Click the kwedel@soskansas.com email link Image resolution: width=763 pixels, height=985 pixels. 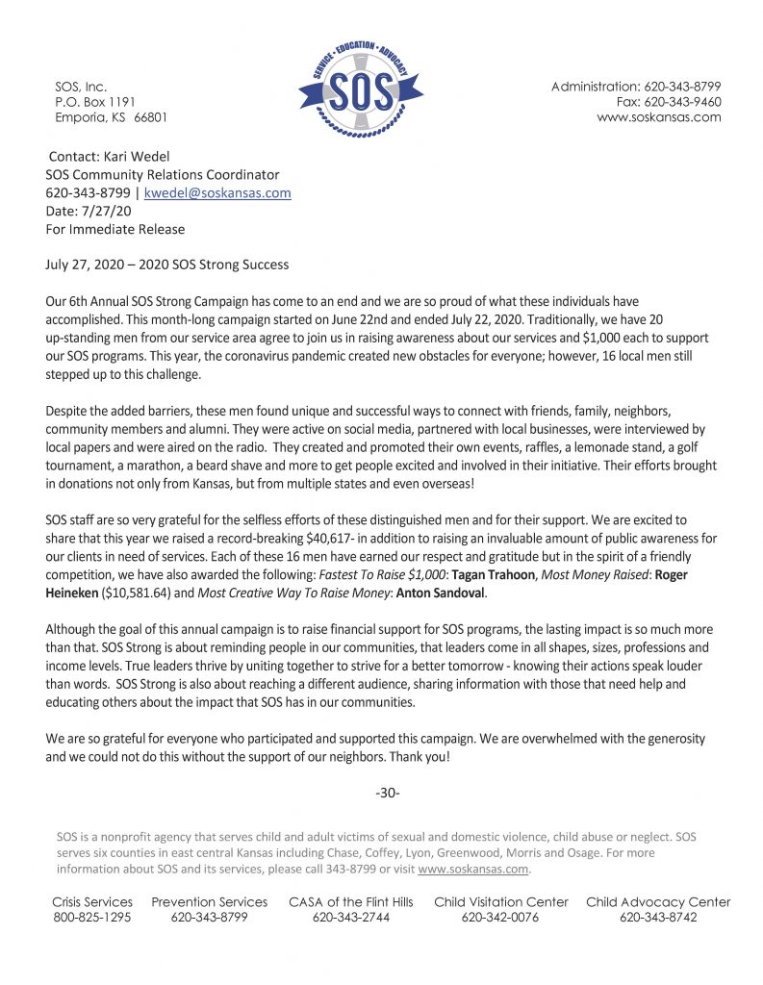coord(217,193)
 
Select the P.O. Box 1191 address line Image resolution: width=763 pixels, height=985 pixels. coord(95,102)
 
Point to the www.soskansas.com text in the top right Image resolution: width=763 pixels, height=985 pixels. coord(658,117)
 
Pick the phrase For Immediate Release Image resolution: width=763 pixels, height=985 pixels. coord(115,230)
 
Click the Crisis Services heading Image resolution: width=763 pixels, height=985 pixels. coord(92,902)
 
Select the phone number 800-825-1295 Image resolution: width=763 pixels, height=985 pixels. coord(92,918)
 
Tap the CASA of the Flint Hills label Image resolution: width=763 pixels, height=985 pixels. coord(351,902)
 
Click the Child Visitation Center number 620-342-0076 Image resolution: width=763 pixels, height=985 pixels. coord(500,918)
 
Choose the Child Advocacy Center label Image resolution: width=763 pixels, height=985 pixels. coord(658,902)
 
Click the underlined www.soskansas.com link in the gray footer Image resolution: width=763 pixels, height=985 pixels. coord(473,870)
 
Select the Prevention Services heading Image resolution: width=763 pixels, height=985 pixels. coord(210,902)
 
